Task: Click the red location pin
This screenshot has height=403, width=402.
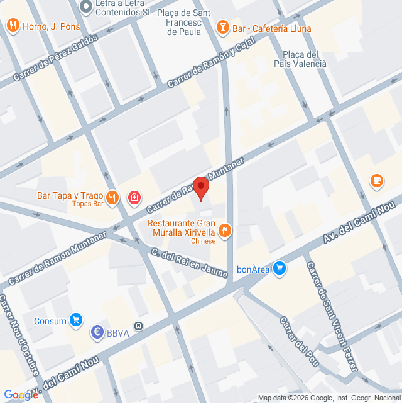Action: pyautogui.click(x=201, y=188)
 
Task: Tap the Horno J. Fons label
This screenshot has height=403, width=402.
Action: pyautogui.click(x=48, y=26)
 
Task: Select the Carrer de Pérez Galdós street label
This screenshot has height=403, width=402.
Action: pyautogui.click(x=56, y=60)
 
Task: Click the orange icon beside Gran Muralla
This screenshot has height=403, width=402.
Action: pyautogui.click(x=225, y=231)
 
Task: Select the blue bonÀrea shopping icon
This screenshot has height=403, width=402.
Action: pyautogui.click(x=281, y=267)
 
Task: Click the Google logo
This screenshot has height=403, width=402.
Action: pyautogui.click(x=21, y=394)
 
